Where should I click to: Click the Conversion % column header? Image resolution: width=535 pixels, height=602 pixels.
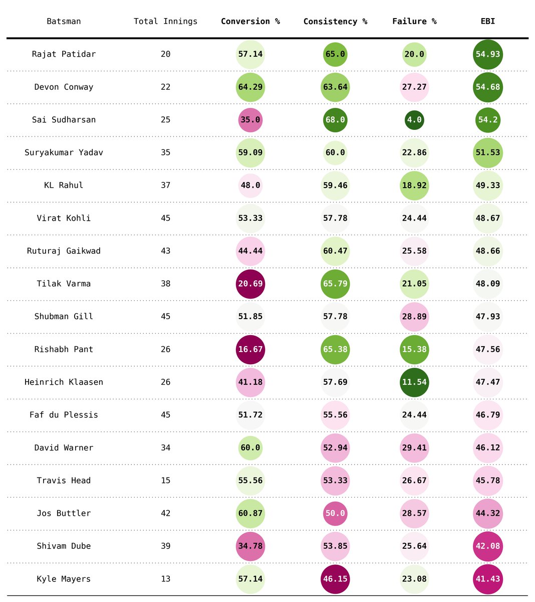pos(250,22)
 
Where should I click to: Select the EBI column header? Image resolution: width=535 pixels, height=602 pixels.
pos(487,22)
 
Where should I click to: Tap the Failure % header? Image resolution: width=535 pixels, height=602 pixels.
pos(414,22)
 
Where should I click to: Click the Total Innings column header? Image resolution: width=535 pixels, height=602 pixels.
pos(165,22)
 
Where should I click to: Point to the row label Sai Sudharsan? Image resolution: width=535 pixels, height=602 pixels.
pos(64,120)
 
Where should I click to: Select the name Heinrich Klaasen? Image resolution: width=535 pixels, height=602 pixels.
pos(64,382)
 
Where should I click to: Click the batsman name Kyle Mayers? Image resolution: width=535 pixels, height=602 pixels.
pos(64,578)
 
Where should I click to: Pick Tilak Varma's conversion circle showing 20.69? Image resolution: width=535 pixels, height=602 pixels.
pos(250,284)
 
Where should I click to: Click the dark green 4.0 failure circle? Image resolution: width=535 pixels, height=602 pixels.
pos(414,120)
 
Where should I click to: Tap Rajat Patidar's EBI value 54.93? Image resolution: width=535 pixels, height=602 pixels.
pos(487,54)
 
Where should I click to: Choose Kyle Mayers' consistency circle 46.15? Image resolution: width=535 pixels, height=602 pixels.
pos(335,579)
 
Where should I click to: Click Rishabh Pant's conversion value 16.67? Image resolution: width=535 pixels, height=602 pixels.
pos(250,350)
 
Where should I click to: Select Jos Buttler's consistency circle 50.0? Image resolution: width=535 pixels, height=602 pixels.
pos(335,513)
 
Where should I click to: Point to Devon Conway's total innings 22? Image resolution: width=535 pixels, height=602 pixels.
pos(165,87)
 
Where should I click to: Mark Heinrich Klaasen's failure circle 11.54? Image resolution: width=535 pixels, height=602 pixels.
pos(414,382)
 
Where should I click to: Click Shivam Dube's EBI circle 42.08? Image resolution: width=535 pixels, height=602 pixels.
pos(487,546)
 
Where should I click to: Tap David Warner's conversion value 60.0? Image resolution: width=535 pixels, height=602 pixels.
pos(250,448)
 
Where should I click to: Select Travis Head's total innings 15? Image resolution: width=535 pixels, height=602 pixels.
pos(165,481)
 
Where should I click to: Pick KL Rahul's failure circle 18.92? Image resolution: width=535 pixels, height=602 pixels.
pos(414,186)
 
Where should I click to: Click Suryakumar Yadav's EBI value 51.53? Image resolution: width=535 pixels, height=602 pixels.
pos(487,153)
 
